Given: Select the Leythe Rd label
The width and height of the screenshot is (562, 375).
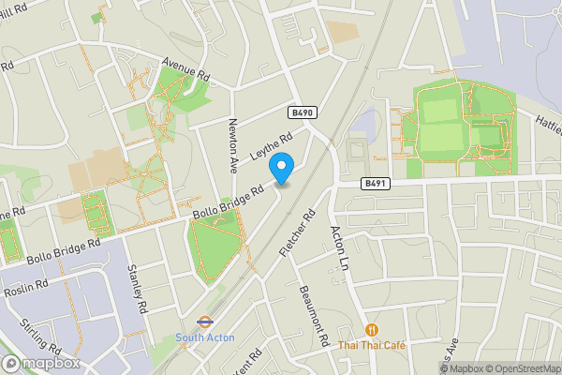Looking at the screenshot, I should tap(272, 145).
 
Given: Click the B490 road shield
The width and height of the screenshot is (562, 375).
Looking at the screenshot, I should tap(302, 112).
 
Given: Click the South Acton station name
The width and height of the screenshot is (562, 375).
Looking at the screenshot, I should tap(204, 337).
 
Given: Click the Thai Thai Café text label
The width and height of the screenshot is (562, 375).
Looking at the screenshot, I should tap(372, 345).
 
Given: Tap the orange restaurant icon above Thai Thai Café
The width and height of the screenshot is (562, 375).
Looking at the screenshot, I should tap(372, 329).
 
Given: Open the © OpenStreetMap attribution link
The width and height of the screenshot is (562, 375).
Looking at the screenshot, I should tap(521, 367).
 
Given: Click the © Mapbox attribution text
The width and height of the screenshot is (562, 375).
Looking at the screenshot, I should tap(459, 367).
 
